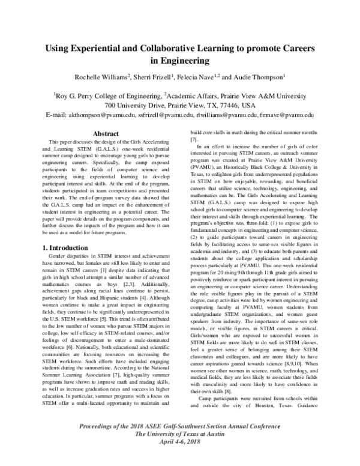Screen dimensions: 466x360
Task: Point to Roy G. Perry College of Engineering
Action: pos(107,95)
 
